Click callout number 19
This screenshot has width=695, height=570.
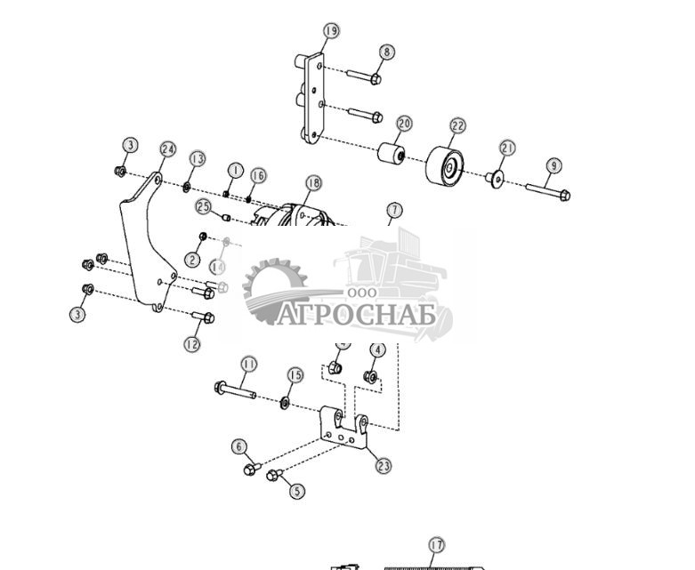point(330,31)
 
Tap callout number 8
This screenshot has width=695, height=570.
point(385,52)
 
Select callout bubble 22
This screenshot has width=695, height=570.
point(457,126)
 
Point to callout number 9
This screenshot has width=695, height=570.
point(554,165)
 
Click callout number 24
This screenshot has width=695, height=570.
point(167,149)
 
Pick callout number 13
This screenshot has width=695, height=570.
point(197,158)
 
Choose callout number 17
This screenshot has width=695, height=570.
point(435,545)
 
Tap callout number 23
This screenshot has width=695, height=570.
point(384,465)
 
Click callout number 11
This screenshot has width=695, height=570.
point(248,365)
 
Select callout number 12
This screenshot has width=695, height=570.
point(193,343)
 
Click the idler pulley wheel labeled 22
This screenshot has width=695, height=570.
point(444,165)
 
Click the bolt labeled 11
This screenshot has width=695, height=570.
point(235,389)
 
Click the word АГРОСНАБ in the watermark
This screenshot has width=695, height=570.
point(357,315)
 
